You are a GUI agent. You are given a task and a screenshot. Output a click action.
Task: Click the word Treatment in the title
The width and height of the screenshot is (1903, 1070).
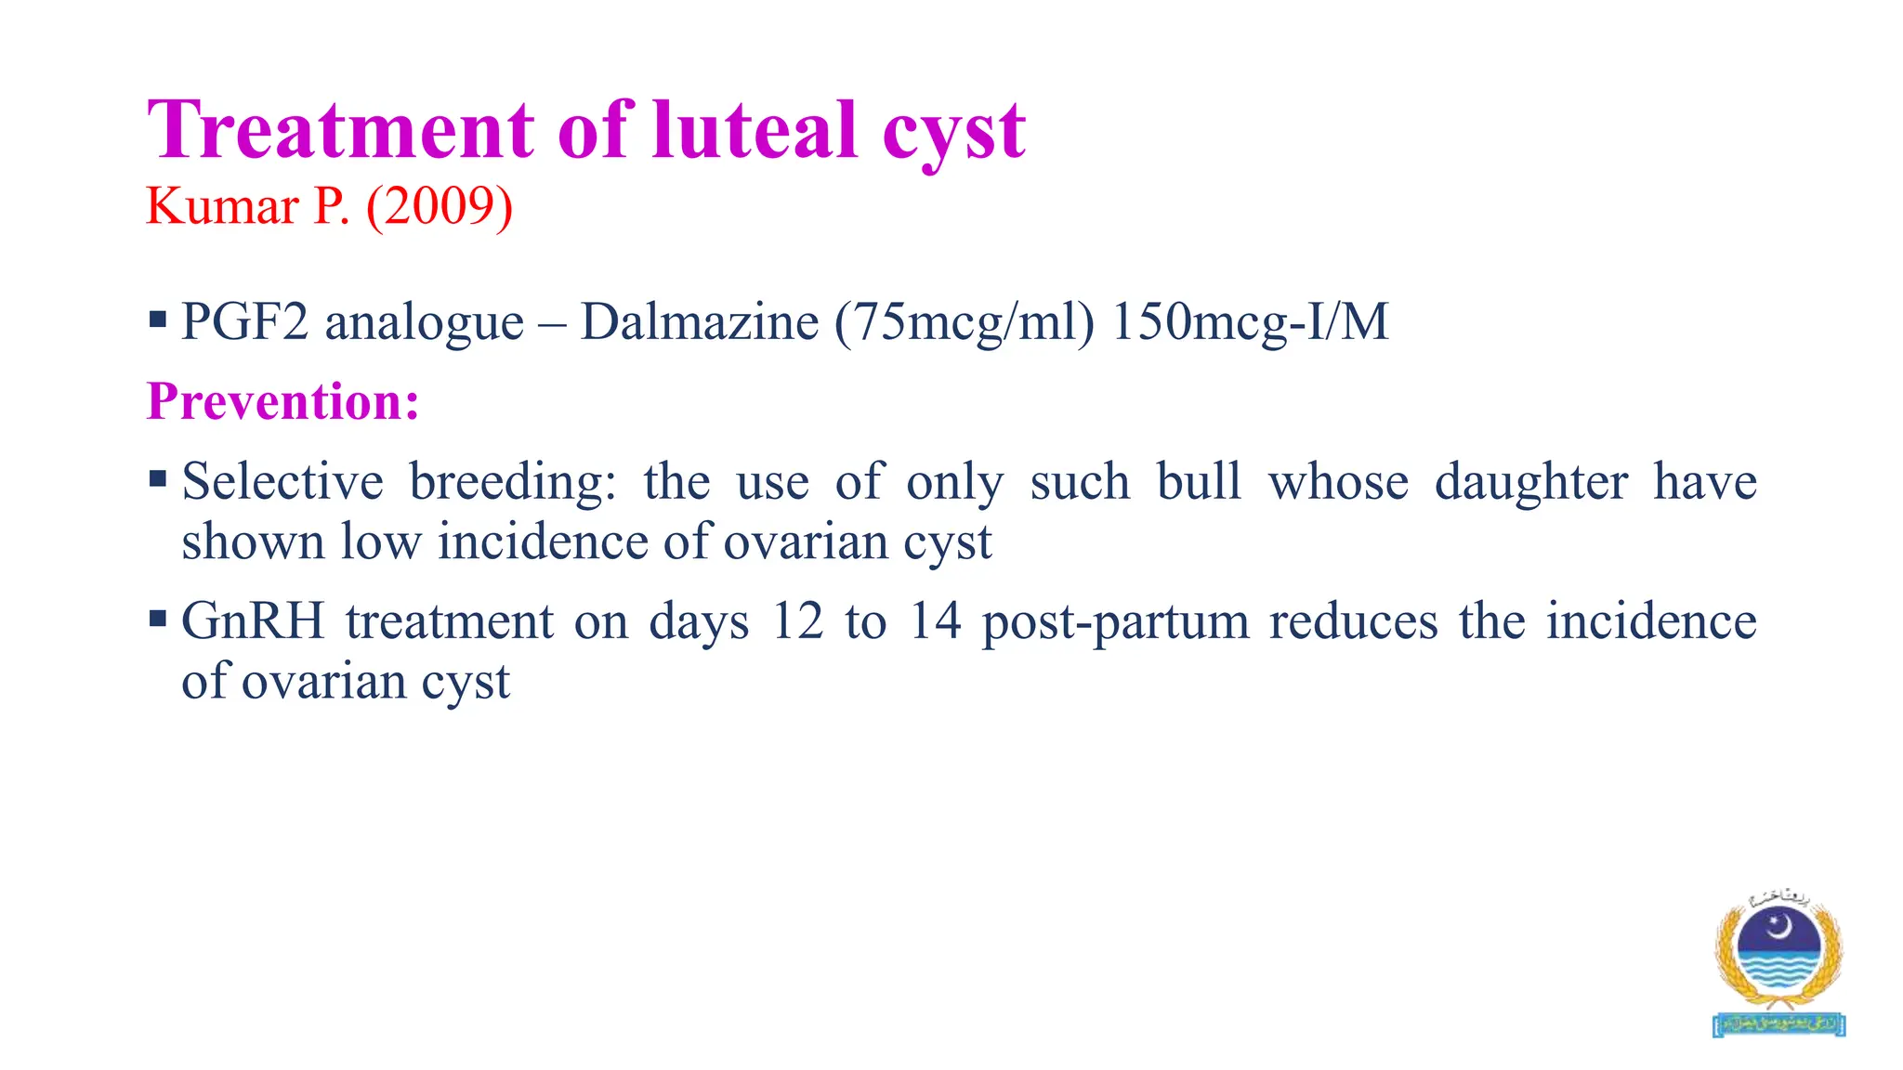coord(341,130)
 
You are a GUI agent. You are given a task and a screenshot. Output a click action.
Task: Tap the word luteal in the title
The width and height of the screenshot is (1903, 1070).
coord(755,130)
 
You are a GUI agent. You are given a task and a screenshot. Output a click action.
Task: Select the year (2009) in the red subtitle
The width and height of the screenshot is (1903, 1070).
coord(440,206)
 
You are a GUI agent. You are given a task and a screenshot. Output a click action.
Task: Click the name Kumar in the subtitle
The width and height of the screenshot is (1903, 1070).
coord(222,206)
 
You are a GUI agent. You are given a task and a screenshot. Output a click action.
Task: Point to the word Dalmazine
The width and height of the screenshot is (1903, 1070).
coord(700,322)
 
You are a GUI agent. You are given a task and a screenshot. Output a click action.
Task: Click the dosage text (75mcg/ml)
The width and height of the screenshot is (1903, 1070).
coord(965,322)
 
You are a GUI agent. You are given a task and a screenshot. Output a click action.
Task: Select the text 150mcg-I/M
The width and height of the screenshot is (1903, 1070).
coord(1250,322)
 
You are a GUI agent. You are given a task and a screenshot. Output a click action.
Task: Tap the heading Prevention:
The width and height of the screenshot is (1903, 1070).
coord(283,401)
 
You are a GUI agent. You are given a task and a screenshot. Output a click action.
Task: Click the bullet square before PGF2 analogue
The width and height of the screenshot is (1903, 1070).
coord(157,321)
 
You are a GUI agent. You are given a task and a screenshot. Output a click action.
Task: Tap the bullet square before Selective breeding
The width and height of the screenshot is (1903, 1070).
coord(157,480)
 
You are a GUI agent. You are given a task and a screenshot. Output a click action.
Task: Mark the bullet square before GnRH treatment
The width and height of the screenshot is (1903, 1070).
coord(157,619)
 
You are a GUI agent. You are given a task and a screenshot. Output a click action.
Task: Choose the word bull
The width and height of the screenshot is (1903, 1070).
coord(1199,482)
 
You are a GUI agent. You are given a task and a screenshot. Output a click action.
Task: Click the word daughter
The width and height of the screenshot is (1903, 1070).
coord(1530,482)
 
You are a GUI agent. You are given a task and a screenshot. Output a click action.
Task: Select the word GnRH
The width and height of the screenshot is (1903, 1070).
coord(253,620)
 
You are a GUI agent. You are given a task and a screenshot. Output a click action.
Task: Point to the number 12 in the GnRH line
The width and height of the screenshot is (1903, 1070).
coord(797,620)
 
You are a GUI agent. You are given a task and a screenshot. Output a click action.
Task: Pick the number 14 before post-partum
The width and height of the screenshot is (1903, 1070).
coord(934,620)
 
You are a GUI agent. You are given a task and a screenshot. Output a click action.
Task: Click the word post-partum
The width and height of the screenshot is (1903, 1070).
coord(1115,622)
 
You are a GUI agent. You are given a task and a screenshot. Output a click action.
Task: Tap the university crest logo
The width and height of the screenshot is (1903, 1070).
coord(1778,961)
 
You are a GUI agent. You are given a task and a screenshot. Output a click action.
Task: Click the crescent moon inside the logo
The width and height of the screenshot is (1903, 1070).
coord(1779,926)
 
